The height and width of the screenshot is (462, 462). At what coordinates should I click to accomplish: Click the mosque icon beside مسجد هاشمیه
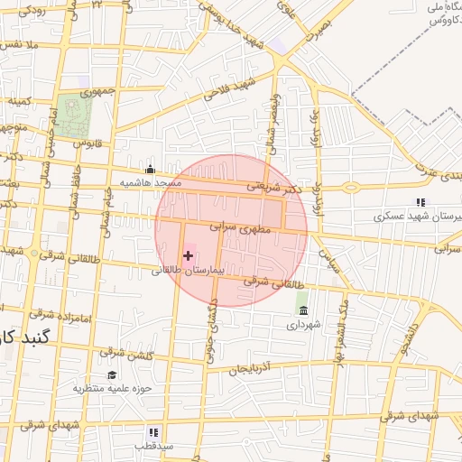click(x=150, y=169)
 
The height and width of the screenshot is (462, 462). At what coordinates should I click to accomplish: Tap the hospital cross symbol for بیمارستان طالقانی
click(x=188, y=256)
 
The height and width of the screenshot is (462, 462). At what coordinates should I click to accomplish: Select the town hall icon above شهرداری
click(x=302, y=310)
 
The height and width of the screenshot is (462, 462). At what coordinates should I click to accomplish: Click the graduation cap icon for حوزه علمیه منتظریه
click(x=112, y=375)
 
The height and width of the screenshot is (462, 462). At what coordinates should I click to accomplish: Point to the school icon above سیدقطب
click(x=153, y=433)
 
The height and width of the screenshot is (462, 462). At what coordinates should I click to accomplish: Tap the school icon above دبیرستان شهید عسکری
click(x=420, y=203)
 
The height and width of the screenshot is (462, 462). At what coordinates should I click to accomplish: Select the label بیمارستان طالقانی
click(x=187, y=270)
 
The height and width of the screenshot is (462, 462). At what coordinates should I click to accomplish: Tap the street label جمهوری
click(x=97, y=92)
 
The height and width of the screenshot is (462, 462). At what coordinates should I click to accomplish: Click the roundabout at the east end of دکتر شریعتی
click(x=349, y=188)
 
